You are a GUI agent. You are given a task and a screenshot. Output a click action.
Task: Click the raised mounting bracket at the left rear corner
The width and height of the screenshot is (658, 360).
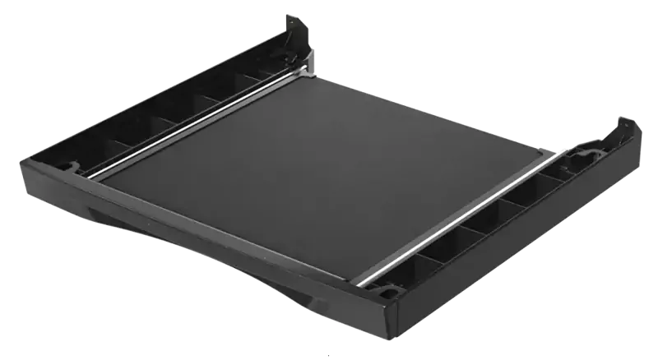pyautogui.click(x=297, y=37)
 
